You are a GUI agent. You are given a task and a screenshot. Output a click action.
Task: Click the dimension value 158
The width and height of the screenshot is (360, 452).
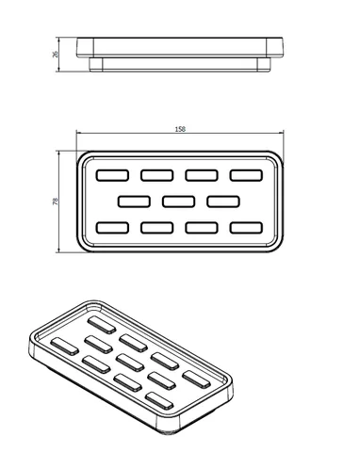click(x=180, y=129)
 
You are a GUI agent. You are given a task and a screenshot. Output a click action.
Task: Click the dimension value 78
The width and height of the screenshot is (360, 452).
click(x=56, y=202)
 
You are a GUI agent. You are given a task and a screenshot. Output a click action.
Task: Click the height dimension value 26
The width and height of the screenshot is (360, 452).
click(x=56, y=55)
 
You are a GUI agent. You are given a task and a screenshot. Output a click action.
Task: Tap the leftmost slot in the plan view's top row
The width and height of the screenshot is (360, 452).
click(x=112, y=175)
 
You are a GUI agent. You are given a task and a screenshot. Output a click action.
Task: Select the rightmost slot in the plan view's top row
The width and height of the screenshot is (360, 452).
click(x=246, y=175)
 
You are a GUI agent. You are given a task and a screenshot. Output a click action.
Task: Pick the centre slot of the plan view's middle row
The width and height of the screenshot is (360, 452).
click(x=179, y=202)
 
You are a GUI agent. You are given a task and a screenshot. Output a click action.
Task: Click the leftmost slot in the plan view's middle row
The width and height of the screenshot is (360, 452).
click(x=134, y=202)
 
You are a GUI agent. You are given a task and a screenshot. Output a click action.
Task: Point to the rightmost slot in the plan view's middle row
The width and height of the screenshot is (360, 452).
click(x=223, y=202)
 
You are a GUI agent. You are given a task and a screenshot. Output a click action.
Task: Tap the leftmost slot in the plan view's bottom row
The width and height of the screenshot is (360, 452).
click(x=112, y=228)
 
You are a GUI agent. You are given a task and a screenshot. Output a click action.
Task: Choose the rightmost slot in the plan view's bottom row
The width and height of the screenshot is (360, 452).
click(x=246, y=228)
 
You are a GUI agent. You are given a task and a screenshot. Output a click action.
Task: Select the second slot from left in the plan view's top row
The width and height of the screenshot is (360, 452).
click(x=157, y=175)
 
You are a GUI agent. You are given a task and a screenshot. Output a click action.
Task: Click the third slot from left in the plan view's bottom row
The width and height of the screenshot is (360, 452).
click(x=202, y=228)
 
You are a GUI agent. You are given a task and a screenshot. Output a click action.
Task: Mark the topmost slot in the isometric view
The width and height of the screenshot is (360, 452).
click(x=102, y=325)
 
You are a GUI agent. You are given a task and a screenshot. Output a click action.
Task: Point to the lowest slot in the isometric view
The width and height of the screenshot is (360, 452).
click(x=159, y=401)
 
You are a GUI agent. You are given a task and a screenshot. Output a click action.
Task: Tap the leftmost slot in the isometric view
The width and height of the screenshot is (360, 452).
click(x=65, y=347)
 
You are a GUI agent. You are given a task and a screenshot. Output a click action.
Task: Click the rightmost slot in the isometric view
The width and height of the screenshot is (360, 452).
click(x=196, y=379)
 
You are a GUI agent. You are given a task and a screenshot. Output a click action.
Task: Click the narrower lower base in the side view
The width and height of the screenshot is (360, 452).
click(x=180, y=65)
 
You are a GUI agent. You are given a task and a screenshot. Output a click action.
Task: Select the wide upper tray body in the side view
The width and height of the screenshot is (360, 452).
click(x=180, y=47)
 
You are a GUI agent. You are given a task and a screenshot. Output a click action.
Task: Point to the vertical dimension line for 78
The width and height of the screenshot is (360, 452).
click(x=59, y=202)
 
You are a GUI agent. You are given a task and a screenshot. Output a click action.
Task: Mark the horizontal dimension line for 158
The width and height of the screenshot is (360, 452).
click(x=180, y=133)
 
